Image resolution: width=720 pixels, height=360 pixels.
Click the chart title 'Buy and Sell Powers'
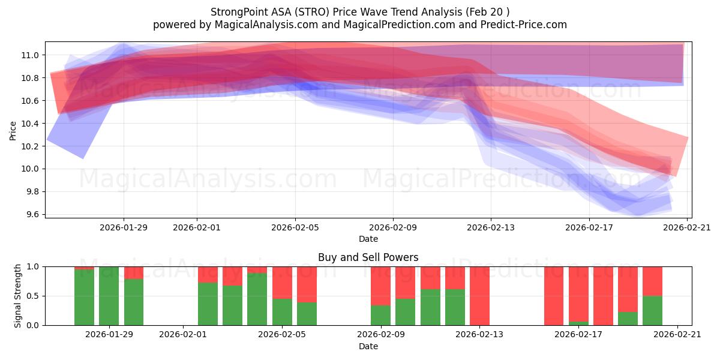pos(368,257)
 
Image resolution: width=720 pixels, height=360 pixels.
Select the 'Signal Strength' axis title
pos(18,296)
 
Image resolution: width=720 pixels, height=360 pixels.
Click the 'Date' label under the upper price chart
pos(368,239)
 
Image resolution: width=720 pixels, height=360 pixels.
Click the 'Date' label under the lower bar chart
pos(368,346)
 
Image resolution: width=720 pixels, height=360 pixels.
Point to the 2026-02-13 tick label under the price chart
pos(491,227)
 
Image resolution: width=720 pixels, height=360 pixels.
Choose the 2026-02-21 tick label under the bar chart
pos(677,335)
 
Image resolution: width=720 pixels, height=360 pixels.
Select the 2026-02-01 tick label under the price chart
pos(197,227)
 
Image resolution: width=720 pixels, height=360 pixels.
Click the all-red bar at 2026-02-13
pos(479,296)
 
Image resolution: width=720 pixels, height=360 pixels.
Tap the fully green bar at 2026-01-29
pos(109,296)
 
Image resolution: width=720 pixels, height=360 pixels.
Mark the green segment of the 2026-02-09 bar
pos(380,315)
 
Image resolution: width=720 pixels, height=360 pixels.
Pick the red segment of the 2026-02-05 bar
pos(282,282)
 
